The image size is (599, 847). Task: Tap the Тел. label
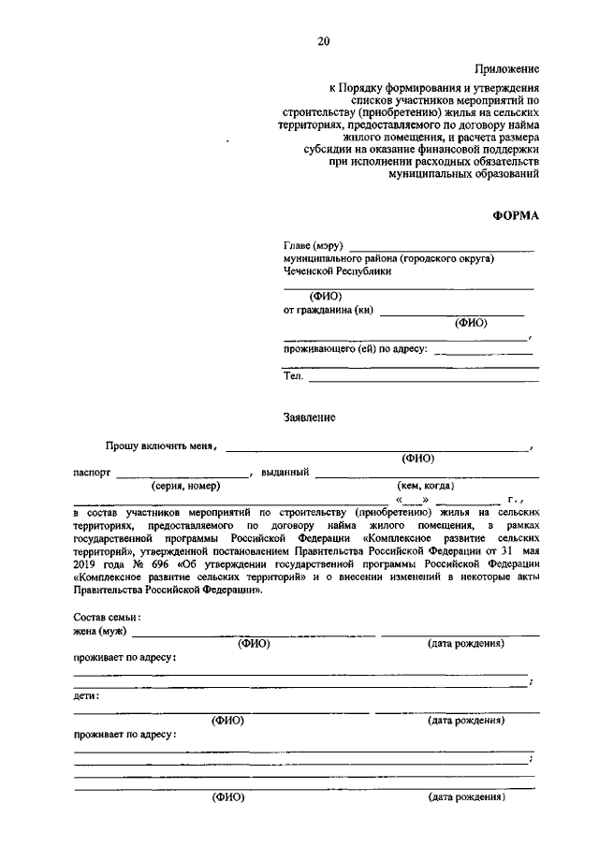click(293, 376)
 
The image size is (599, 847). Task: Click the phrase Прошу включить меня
click(160, 446)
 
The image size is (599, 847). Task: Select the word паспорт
click(92, 473)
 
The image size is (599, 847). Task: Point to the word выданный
click(285, 473)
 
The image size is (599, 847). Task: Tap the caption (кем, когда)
click(426, 486)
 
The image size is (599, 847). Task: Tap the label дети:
click(86, 696)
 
